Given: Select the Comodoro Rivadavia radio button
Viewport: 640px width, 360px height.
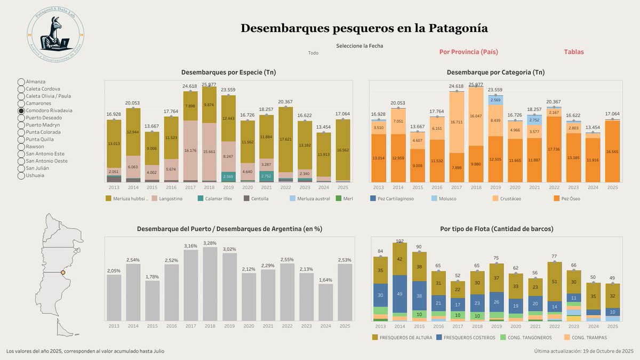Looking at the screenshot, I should click(21, 110).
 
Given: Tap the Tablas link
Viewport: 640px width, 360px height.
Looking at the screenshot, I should click(574, 52).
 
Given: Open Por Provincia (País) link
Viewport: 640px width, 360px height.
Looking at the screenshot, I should click(468, 52).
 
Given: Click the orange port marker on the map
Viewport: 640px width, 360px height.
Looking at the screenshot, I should click(62, 273).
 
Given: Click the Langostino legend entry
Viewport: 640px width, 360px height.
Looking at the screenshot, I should click(167, 199).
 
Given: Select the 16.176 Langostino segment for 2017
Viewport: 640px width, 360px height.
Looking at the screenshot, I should click(190, 150).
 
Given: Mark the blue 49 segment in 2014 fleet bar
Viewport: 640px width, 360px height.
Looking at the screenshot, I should click(399, 293).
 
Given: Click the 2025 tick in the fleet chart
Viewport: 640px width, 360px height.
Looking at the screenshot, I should click(612, 326).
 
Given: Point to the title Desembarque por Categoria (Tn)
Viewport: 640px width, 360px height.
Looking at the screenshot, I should click(495, 72).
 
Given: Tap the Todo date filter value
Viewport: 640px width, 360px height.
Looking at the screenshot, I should click(313, 53).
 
